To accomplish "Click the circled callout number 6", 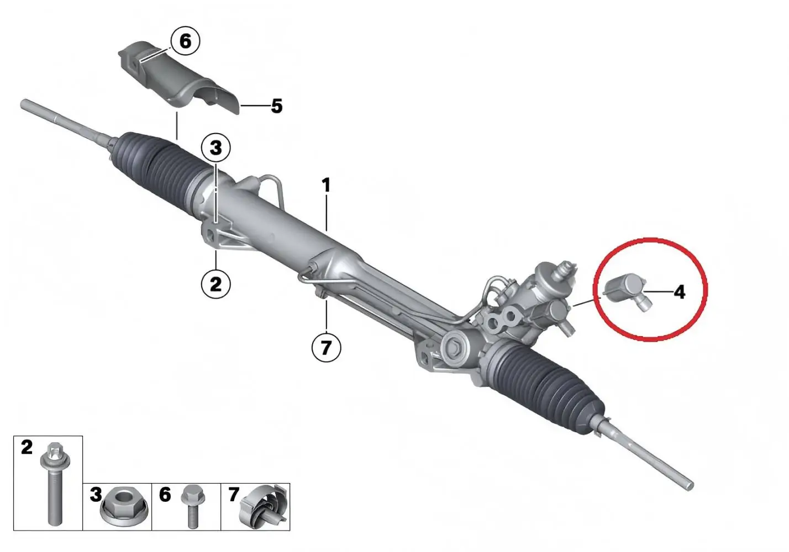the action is pyautogui.click(x=185, y=41).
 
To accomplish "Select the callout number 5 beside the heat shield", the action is pyautogui.click(x=276, y=105).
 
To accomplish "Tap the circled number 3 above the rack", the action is pyautogui.click(x=216, y=147).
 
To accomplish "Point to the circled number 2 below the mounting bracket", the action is pyautogui.click(x=215, y=284).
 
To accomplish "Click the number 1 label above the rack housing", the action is pyautogui.click(x=327, y=185).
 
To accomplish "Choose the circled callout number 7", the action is pyautogui.click(x=326, y=348).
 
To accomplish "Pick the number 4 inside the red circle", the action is pyautogui.click(x=680, y=292).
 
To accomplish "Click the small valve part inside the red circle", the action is pyautogui.click(x=626, y=291).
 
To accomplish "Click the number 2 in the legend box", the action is pyautogui.click(x=27, y=447).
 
